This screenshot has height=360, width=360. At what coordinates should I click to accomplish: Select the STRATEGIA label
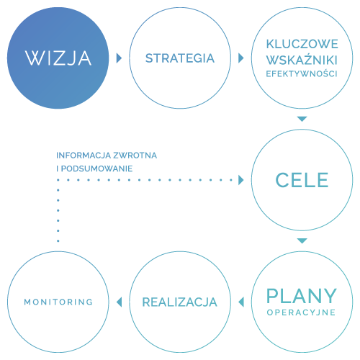click(x=180, y=58)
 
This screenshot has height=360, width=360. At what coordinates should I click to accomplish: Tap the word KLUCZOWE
click(x=302, y=44)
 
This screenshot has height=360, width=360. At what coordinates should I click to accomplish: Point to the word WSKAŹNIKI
click(x=302, y=59)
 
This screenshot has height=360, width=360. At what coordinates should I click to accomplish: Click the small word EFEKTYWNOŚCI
click(x=302, y=73)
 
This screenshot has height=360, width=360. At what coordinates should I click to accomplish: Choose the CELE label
click(x=302, y=179)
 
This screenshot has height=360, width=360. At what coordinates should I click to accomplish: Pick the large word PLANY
click(x=302, y=296)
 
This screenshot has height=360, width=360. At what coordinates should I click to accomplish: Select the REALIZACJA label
click(x=180, y=302)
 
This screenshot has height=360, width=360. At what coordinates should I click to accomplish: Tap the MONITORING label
click(x=58, y=302)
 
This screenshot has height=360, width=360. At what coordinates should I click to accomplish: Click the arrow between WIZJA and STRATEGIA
click(x=119, y=58)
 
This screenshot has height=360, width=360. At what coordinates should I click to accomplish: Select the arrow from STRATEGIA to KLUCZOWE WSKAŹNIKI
click(x=240, y=58)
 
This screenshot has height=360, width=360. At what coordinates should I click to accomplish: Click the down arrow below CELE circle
click(x=302, y=240)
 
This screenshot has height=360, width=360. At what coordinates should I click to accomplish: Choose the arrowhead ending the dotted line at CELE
click(x=240, y=180)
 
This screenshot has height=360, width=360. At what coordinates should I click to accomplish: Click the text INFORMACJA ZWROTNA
click(x=107, y=156)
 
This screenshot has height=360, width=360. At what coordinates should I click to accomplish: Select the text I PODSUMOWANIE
click(x=94, y=168)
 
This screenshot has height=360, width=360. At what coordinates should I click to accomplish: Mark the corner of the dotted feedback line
click(x=58, y=180)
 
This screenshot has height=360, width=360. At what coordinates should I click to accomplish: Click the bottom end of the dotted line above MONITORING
click(x=58, y=240)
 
